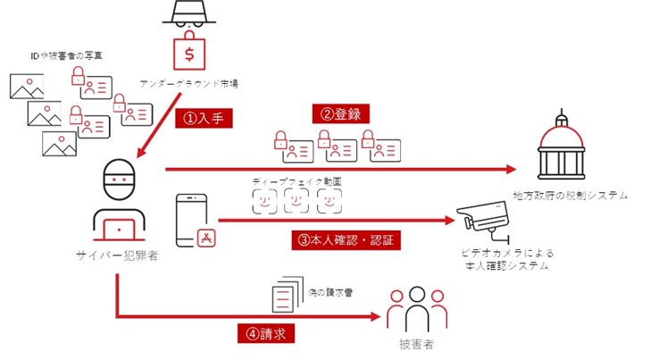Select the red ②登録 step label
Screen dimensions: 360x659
340,114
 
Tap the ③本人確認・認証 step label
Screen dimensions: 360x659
343,239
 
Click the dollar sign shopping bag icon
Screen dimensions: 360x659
189,53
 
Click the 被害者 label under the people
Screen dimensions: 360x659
416,345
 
